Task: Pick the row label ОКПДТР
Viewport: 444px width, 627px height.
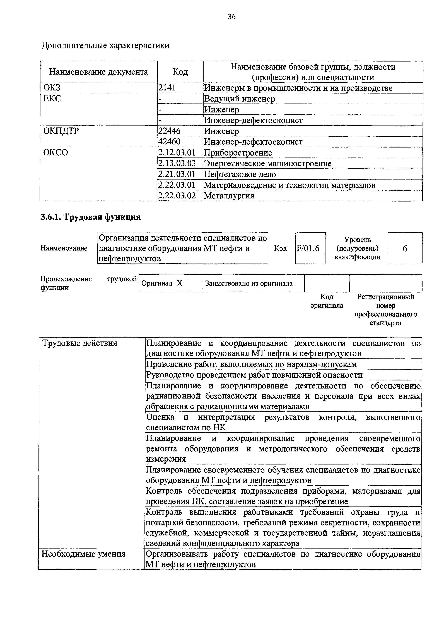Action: pos(61,131)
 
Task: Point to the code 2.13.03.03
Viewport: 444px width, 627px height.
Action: pos(177,163)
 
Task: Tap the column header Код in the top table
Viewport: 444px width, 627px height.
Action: pos(180,72)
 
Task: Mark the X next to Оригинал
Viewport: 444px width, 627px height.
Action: pos(179,283)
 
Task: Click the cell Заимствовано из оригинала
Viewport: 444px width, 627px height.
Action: pos(249,283)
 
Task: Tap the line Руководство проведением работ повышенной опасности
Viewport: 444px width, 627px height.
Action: pos(254,375)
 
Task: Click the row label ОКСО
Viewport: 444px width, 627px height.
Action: pos(56,152)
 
